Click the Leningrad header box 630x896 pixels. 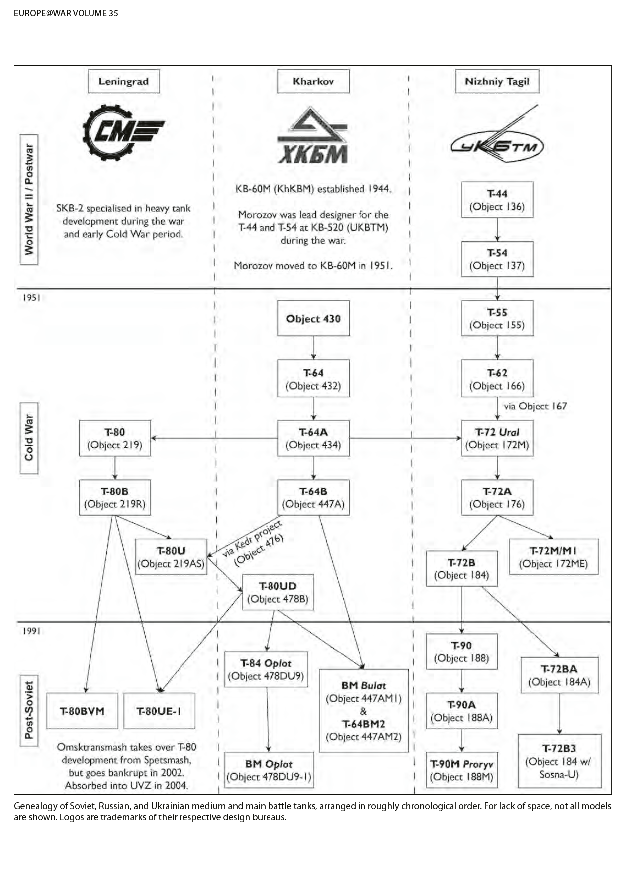(x=123, y=81)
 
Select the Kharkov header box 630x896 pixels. (x=313, y=81)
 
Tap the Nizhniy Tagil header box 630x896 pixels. (x=497, y=81)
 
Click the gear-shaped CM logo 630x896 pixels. (x=122, y=132)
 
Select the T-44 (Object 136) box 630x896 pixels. (x=497, y=200)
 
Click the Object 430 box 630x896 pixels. (x=313, y=319)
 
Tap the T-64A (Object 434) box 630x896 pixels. (x=313, y=438)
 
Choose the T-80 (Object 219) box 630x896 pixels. (x=115, y=438)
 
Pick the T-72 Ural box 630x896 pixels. (x=497, y=438)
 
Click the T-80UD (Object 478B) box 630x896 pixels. (x=278, y=592)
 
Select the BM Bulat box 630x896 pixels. (x=363, y=711)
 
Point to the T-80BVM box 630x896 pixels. (x=83, y=711)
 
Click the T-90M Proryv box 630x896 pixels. (x=461, y=770)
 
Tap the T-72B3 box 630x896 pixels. (x=559, y=761)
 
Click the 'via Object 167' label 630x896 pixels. (x=535, y=406)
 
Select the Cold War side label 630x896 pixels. (x=29, y=437)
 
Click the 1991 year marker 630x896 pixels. (x=31, y=631)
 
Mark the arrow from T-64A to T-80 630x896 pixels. (x=214, y=438)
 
